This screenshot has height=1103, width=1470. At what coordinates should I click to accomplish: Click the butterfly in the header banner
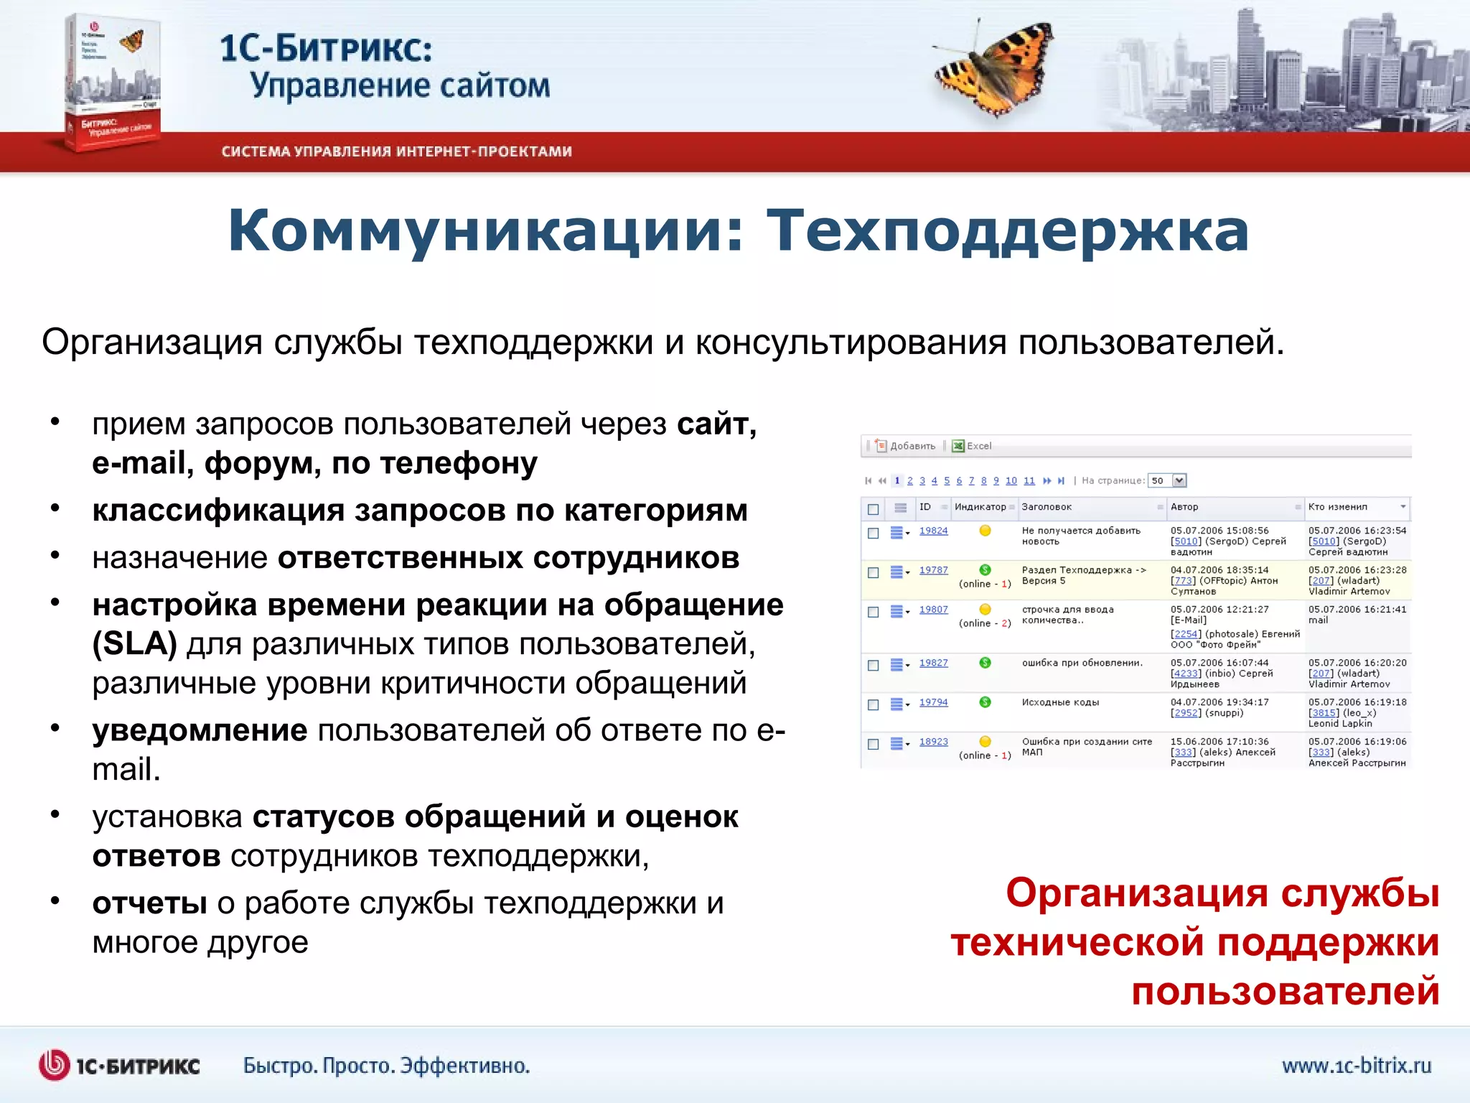pyautogui.click(x=994, y=68)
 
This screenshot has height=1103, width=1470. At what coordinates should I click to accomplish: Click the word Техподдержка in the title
pyautogui.click(x=1008, y=231)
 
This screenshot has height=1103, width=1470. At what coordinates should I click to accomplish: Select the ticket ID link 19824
pyautogui.click(x=933, y=531)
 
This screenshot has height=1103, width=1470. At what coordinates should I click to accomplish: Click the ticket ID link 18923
pyautogui.click(x=933, y=742)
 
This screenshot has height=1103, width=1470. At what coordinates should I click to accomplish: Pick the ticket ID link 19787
pyautogui.click(x=933, y=570)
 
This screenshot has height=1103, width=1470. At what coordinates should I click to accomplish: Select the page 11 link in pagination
pyautogui.click(x=1029, y=481)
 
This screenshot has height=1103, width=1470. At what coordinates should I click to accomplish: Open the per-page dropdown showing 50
pyautogui.click(x=1179, y=480)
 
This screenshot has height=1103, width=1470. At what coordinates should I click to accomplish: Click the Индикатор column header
pyautogui.click(x=980, y=507)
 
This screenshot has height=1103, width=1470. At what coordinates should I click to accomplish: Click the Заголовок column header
pyautogui.click(x=1047, y=507)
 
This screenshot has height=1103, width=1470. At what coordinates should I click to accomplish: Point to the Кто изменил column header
pyautogui.click(x=1337, y=507)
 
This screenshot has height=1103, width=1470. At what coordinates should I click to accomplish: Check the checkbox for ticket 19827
pyautogui.click(x=874, y=665)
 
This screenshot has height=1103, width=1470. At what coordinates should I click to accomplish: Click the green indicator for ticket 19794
pyautogui.click(x=985, y=702)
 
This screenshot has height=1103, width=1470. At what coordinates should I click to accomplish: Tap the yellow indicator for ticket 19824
pyautogui.click(x=985, y=531)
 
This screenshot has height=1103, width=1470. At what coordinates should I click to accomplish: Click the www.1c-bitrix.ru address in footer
pyautogui.click(x=1356, y=1066)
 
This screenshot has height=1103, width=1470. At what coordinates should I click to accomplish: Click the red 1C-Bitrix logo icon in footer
pyautogui.click(x=54, y=1065)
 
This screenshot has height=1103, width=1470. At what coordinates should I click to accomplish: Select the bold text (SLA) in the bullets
pyautogui.click(x=134, y=643)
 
